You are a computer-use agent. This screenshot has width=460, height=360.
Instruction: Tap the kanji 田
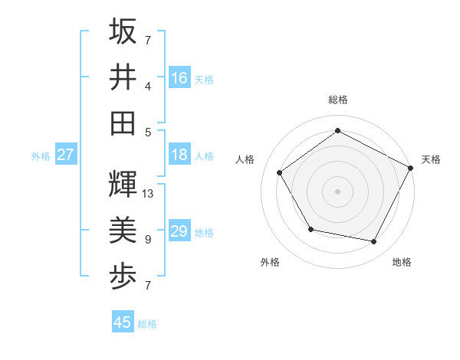pyautogui.click(x=123, y=122)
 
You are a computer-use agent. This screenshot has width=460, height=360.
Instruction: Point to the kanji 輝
pyautogui.click(x=123, y=185)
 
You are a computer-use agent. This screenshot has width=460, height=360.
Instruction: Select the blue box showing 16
pyautogui.click(x=179, y=77)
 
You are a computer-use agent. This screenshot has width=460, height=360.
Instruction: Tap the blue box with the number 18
pyautogui.click(x=179, y=154)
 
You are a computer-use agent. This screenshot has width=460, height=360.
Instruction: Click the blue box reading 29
pyautogui.click(x=179, y=231)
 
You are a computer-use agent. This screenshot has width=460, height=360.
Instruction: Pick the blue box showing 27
pyautogui.click(x=65, y=155)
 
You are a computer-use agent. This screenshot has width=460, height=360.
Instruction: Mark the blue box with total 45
pyautogui.click(x=123, y=322)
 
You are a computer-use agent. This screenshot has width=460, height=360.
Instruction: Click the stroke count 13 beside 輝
pyautogui.click(x=148, y=194)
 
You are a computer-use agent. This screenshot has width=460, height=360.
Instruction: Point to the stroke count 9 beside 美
pyautogui.click(x=147, y=240)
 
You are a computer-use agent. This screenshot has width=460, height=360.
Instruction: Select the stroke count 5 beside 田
pyautogui.click(x=147, y=132)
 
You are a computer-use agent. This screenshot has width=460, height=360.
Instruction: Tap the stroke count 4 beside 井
pyautogui.click(x=147, y=87)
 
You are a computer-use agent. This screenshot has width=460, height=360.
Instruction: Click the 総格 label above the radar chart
pyautogui.click(x=337, y=100)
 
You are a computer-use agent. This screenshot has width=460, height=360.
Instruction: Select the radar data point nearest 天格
pyautogui.click(x=411, y=168)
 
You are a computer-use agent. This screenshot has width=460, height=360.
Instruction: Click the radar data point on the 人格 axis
pyautogui.click(x=280, y=172)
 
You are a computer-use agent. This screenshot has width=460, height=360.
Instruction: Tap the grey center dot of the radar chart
pyautogui.click(x=337, y=191)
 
